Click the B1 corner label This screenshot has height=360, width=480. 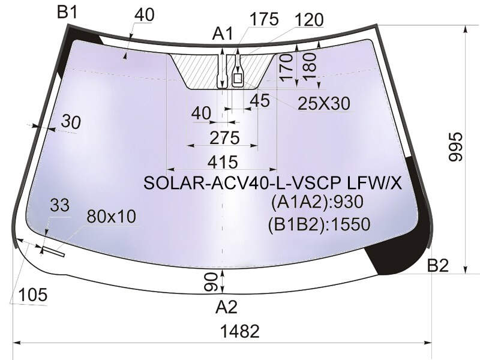[68, 13]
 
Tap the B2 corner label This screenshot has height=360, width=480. [438, 265]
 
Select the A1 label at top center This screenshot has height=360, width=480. [223, 34]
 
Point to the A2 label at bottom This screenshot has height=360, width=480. [227, 307]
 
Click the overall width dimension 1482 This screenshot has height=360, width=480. [240, 331]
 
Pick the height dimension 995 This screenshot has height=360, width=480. [456, 146]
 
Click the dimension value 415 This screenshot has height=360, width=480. [223, 162]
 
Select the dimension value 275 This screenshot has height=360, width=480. [224, 138]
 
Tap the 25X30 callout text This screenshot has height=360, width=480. [324, 103]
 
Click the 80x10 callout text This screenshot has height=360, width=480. [112, 217]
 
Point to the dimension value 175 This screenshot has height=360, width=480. [264, 19]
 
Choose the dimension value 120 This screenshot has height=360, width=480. [309, 20]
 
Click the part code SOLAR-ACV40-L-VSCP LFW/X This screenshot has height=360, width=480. [272, 184]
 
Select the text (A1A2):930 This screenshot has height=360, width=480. [317, 202]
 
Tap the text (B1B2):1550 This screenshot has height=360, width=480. [319, 224]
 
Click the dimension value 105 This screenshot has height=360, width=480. [33, 295]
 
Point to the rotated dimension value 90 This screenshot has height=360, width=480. [211, 282]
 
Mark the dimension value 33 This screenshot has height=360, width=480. [59, 205]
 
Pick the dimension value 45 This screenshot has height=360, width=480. [260, 100]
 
